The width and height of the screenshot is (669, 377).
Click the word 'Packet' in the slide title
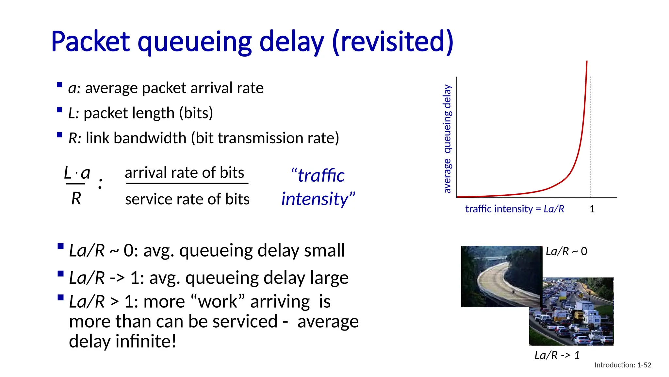(90, 42)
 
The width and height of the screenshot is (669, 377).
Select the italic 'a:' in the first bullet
(74, 88)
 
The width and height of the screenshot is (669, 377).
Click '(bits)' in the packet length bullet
(196, 113)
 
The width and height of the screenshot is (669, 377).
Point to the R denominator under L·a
(76, 198)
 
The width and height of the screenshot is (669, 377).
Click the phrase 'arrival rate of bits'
(184, 173)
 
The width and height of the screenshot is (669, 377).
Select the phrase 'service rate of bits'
(187, 199)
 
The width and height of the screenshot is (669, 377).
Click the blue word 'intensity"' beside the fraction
(318, 199)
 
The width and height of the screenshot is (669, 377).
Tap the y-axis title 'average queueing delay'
(447, 139)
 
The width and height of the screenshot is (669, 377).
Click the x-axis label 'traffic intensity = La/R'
(514, 209)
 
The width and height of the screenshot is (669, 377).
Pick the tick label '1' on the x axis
(592, 209)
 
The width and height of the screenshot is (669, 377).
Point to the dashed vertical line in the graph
(591, 137)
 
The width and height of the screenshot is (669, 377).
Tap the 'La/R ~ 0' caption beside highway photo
(566, 251)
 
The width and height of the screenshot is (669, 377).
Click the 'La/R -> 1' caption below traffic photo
(557, 355)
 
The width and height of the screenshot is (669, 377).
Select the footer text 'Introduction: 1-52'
(623, 365)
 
